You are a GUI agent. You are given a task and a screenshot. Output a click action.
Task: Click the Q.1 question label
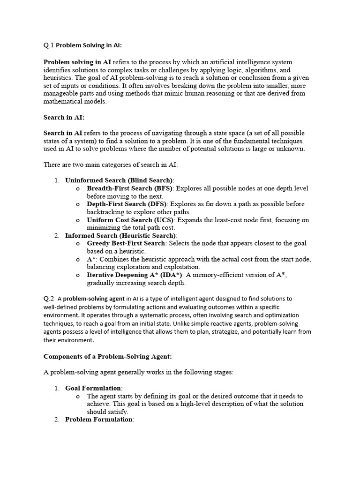[x=48, y=46]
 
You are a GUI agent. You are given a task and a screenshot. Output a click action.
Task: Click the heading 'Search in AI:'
[x=64, y=117]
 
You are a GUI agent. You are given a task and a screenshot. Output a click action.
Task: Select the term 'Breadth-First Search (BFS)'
[x=129, y=188]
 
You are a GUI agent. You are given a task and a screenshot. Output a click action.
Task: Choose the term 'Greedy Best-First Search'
[x=126, y=243]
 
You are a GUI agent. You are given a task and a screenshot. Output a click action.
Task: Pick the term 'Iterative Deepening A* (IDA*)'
[x=134, y=275]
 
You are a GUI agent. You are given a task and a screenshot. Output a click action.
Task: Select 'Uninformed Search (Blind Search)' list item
[x=119, y=180]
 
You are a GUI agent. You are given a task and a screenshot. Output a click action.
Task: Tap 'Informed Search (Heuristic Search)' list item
[x=121, y=235]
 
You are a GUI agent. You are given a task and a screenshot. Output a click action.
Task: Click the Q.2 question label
[x=49, y=299]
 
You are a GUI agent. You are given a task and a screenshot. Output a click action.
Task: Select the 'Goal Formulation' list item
[x=93, y=388]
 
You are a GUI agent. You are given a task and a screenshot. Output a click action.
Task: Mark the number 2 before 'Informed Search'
[x=56, y=235]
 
